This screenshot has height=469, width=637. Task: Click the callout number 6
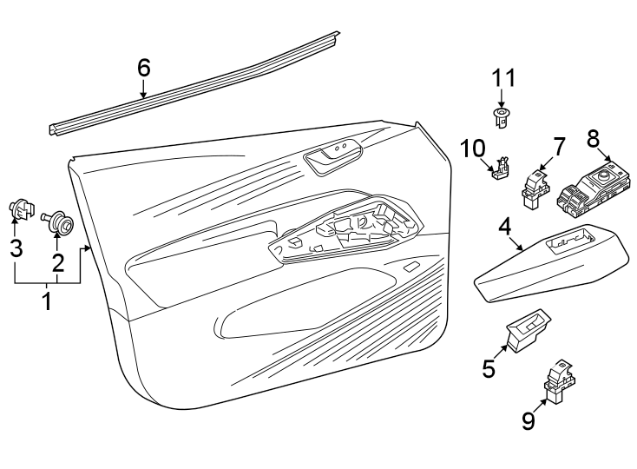[x=144, y=66]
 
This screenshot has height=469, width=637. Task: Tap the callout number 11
[x=504, y=78]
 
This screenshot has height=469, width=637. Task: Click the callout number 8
[x=594, y=138]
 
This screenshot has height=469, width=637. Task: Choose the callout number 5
[x=489, y=368]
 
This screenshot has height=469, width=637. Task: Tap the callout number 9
[x=529, y=420]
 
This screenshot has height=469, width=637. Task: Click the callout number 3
[x=16, y=248]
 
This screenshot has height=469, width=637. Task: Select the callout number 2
[x=57, y=262]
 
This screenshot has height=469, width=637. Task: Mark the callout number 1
[x=47, y=301]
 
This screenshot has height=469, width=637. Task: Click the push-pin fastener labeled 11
[x=500, y=116]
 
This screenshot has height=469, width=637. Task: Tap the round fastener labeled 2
[x=62, y=221]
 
